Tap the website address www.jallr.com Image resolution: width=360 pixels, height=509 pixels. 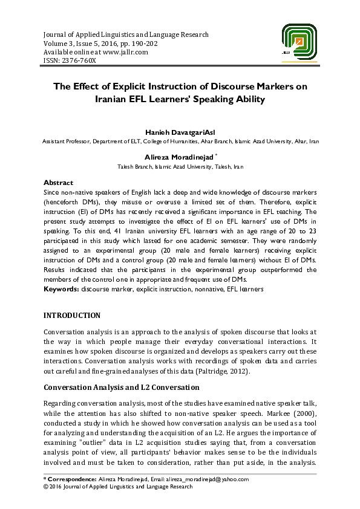[x=125, y=52]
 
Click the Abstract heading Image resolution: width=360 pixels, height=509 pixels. [x=58, y=183]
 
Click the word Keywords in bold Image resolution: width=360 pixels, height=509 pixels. [x=61, y=290]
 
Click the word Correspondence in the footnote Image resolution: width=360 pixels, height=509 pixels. [x=71, y=479]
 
